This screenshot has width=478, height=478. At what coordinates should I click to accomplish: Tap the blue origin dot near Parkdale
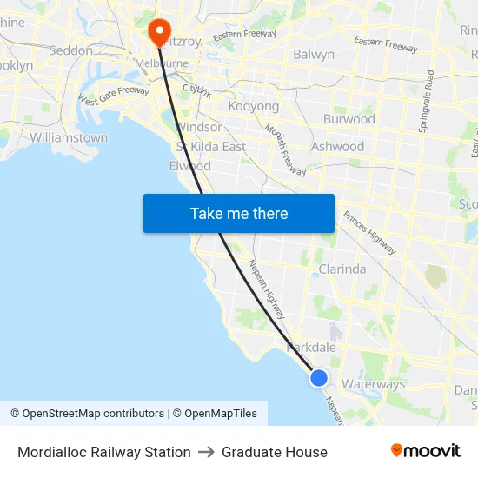coord(319,378)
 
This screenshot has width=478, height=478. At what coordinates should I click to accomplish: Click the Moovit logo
coord(426,451)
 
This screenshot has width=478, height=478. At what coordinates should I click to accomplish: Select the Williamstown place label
coord(69,137)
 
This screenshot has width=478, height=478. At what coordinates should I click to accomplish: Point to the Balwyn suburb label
coord(314,54)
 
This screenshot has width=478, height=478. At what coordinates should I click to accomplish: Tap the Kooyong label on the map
coord(254,106)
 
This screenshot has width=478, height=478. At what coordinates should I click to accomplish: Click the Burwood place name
coord(349,119)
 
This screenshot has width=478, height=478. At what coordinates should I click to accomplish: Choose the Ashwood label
coord(337,146)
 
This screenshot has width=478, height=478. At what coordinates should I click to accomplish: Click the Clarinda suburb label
coord(342,269)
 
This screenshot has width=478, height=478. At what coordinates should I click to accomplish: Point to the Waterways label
coord(374,383)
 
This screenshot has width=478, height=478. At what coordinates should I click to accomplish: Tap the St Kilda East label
coord(211,146)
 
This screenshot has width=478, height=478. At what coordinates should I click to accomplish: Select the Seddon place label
coord(71,50)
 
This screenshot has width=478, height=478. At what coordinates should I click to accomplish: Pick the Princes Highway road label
coord(369,232)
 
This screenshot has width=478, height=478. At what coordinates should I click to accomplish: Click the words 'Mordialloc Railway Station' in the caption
coord(104,452)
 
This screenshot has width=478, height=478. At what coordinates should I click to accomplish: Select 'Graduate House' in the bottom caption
coord(275,452)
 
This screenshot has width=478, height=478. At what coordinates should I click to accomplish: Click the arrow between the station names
coord(206,452)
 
